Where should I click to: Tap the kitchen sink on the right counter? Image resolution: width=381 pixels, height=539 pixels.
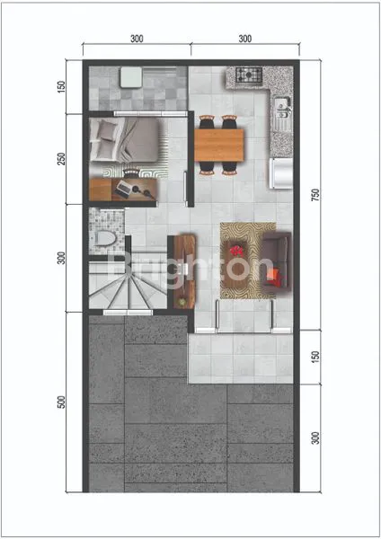tap(282, 110)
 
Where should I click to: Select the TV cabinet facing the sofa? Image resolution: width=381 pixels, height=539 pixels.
tap(185, 267)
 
